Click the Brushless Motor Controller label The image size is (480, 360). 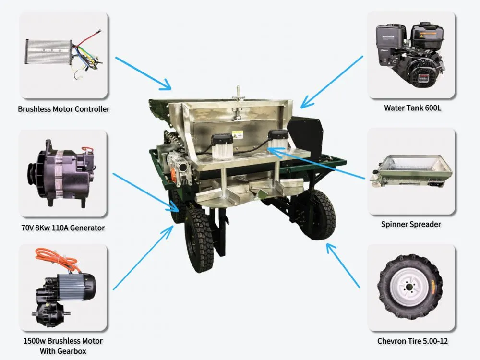[x=63, y=109]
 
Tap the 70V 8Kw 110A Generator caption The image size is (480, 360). [x=63, y=228]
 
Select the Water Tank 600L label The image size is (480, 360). [x=413, y=108]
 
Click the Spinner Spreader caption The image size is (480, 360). [x=411, y=224]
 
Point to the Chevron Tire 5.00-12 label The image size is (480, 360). [x=412, y=341]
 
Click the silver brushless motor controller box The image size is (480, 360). [x=48, y=52]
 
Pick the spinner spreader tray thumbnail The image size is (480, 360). [x=411, y=171]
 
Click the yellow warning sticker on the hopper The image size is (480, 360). [x=239, y=134]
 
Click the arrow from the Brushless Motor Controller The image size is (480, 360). [x=143, y=73]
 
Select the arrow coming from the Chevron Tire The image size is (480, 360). [x=343, y=265]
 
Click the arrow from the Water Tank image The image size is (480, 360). [x=332, y=82]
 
